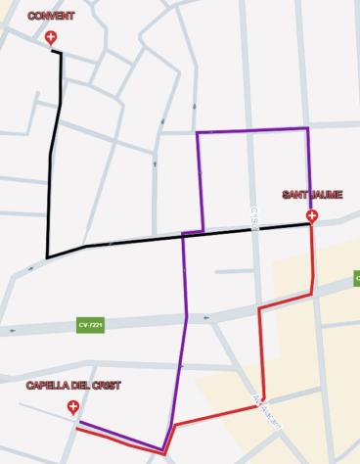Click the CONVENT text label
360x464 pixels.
(x=51, y=17)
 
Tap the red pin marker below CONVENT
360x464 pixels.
(x=51, y=38)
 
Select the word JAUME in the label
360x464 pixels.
(x=327, y=195)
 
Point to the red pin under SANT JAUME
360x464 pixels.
(x=312, y=216)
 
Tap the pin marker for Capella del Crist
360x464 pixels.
(x=72, y=407)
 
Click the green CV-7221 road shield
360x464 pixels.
(x=90, y=325)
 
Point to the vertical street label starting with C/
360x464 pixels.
(x=252, y=217)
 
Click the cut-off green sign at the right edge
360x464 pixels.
(x=356, y=280)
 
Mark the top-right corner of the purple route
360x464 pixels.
(x=308, y=128)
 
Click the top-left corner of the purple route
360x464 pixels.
(x=198, y=132)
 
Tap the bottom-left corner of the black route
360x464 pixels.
(x=47, y=257)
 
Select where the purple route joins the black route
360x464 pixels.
(x=183, y=235)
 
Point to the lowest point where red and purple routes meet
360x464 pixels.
(x=164, y=451)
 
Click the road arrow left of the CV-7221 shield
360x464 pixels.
(x=15, y=330)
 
